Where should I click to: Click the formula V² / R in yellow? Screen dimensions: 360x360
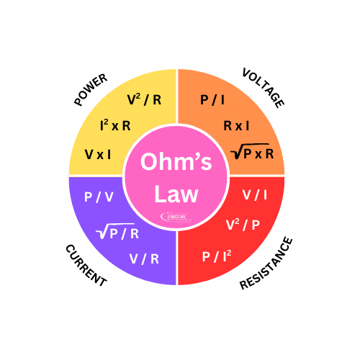tap(144, 100)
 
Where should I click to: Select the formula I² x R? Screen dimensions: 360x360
tap(115, 126)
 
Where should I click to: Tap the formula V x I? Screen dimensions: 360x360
tap(98, 155)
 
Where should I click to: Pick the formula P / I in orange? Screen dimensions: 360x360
tap(212, 100)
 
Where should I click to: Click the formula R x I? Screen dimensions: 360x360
tap(236, 126)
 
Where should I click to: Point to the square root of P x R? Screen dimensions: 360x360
tap(253, 152)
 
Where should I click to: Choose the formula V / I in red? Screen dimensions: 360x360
tap(255, 195)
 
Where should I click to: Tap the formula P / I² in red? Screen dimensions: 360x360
tap(217, 256)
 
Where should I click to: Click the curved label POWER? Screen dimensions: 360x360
tap(91, 89)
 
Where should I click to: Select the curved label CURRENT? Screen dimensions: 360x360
tap(86, 265)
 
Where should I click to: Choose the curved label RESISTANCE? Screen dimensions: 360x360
tap(266, 264)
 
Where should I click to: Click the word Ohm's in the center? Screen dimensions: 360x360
tap(176, 163)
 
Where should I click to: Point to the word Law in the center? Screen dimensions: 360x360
tap(175, 194)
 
